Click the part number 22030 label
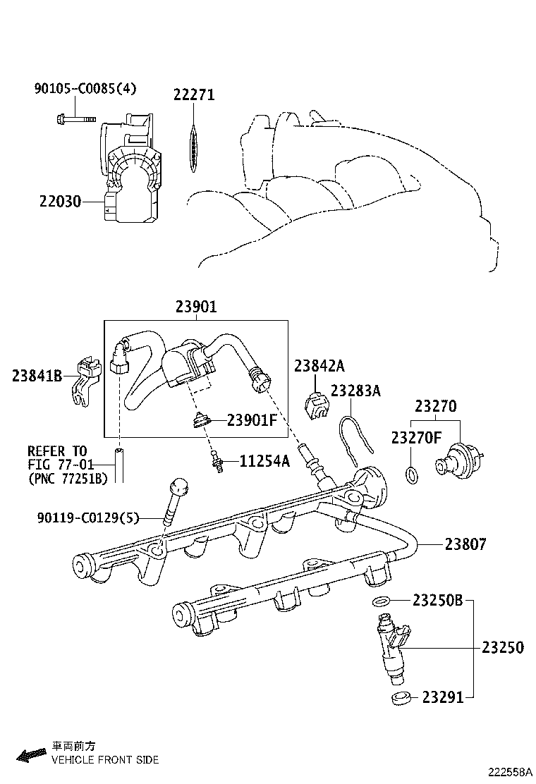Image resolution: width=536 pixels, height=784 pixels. pos(59,202)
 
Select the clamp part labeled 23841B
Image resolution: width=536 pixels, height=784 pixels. pos(83,381)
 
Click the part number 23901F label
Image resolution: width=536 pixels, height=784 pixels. pos(252,420)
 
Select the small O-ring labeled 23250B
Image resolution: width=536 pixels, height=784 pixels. pos(381,601)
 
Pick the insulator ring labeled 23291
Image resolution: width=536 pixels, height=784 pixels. pos(400,698)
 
